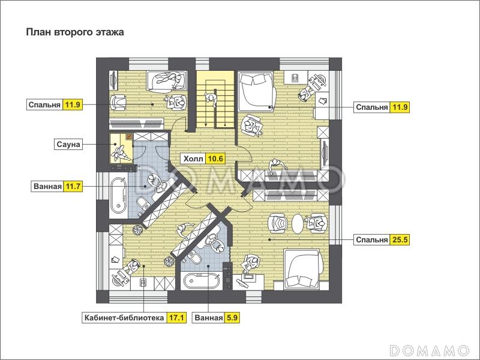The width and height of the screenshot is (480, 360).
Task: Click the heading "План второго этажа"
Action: [x=75, y=32]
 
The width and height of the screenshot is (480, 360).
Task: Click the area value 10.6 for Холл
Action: [x=216, y=158]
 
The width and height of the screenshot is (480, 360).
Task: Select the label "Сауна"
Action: [x=68, y=144]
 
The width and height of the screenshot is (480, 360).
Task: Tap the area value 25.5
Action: [x=400, y=239]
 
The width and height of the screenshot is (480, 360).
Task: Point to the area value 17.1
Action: [x=176, y=318]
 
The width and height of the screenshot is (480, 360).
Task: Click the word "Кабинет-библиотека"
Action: [x=124, y=318]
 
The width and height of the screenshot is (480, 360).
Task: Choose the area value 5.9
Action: [x=232, y=318]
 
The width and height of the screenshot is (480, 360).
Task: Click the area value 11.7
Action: [x=73, y=186]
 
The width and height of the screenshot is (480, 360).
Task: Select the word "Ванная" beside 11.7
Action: [x=48, y=186]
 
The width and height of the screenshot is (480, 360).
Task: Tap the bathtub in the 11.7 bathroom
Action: [x=118, y=196]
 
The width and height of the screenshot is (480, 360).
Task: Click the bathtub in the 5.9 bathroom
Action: [x=202, y=280]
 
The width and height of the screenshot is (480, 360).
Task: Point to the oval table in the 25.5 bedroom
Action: [x=297, y=224]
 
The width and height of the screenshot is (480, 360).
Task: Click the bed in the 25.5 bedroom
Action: [x=302, y=268]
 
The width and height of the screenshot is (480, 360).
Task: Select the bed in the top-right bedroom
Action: [x=256, y=91]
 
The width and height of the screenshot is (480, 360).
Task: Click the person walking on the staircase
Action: [x=211, y=99]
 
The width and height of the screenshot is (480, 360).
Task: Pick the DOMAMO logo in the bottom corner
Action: [x=430, y=350]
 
